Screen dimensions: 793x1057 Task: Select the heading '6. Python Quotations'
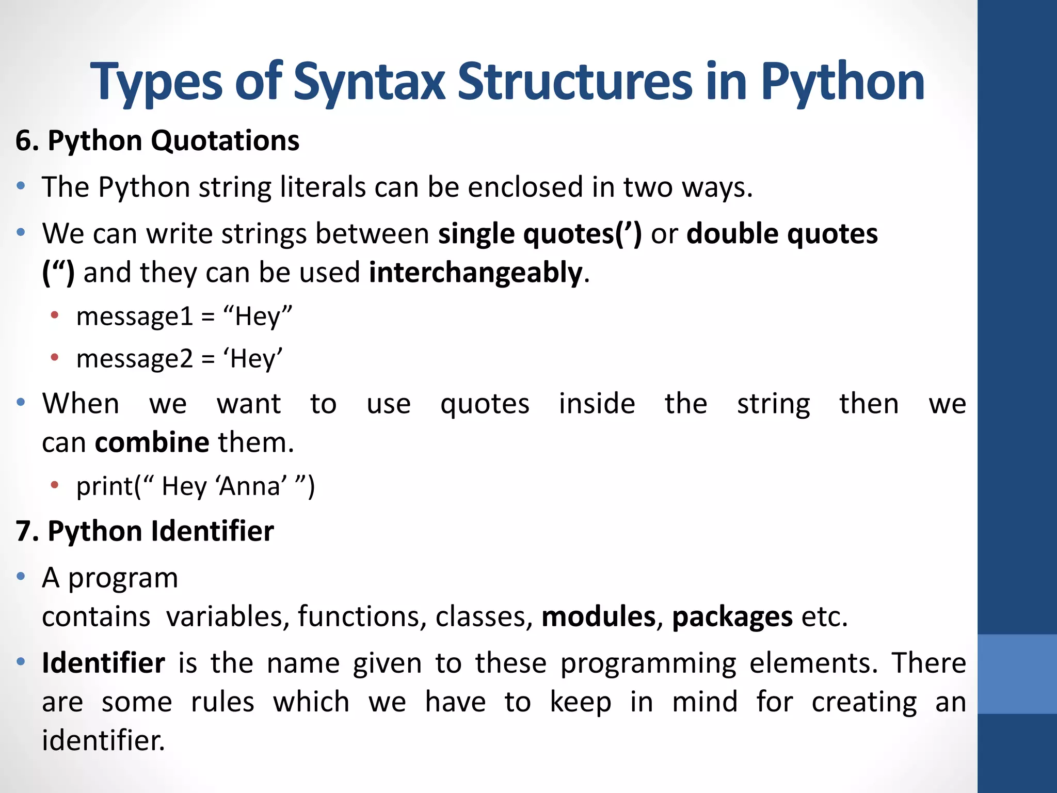click(x=157, y=141)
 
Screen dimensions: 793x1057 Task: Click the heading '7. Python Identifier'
click(x=145, y=531)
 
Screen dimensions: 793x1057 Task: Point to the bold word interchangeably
click(x=475, y=273)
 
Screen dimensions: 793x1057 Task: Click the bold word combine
click(x=152, y=443)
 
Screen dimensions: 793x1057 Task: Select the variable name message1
click(x=135, y=316)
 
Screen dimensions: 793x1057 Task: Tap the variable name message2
click(x=135, y=359)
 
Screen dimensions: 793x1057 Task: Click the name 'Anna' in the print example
click(x=251, y=486)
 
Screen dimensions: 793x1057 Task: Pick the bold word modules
click(x=598, y=617)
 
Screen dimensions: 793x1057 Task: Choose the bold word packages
click(x=732, y=617)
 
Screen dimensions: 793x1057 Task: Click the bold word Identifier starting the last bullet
click(x=103, y=663)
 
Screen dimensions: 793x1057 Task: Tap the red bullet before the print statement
click(x=55, y=484)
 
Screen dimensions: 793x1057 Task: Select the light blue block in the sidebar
click(x=1017, y=674)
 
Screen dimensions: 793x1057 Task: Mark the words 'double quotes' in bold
click(x=782, y=234)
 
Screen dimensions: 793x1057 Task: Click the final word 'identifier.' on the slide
click(x=103, y=741)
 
